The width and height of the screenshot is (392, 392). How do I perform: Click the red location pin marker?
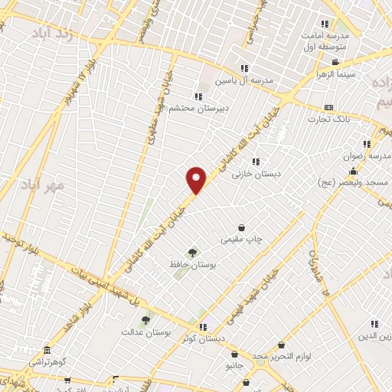197,180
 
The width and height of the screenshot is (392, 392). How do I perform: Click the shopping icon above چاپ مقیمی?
242,227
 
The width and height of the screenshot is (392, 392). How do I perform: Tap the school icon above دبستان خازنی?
256,162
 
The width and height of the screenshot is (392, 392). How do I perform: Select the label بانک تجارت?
329,119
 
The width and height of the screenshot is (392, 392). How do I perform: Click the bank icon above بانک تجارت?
329,107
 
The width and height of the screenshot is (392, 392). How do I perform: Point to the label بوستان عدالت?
145,333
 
